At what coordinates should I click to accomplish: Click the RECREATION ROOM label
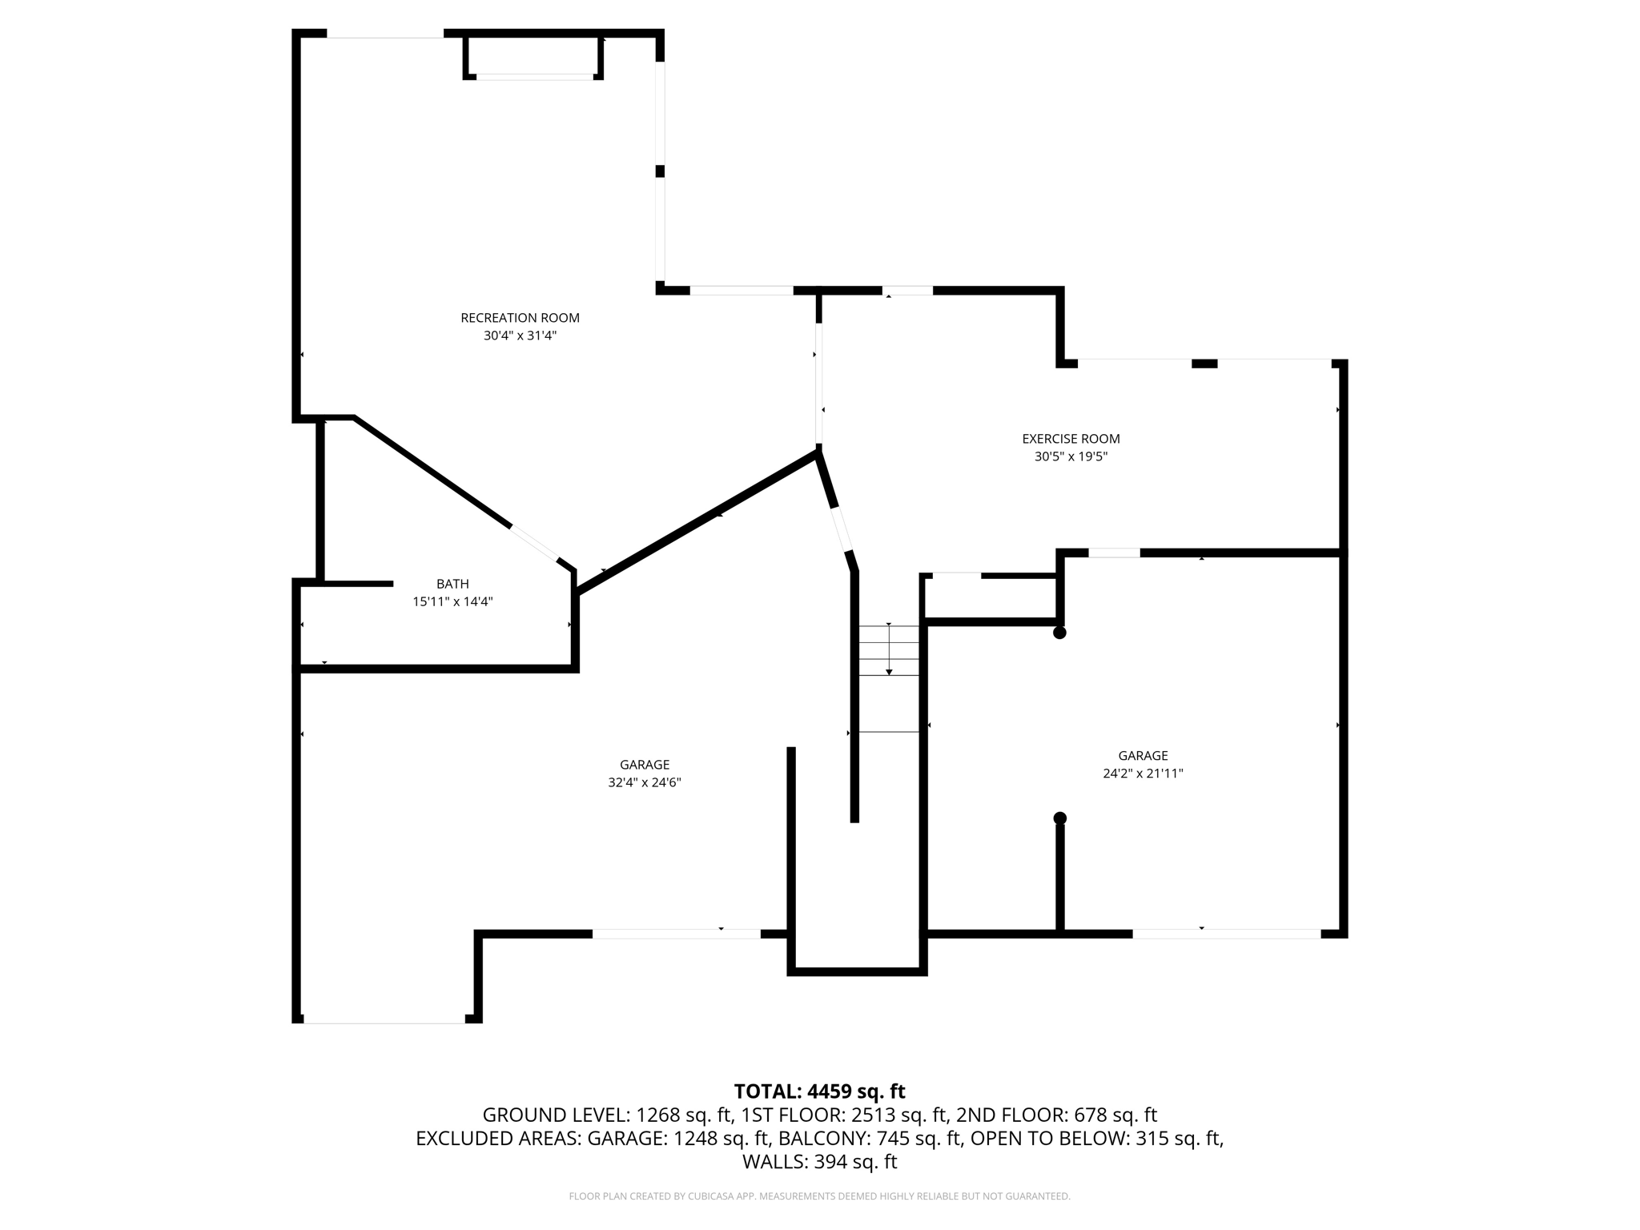tap(520, 318)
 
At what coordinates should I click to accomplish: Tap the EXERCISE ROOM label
tap(1071, 439)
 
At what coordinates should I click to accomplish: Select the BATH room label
tap(452, 584)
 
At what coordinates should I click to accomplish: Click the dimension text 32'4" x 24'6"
tap(644, 782)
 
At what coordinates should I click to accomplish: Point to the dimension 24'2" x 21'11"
tap(1143, 774)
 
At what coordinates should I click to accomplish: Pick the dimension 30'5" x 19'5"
tap(1071, 457)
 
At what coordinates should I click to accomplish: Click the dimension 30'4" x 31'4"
tap(520, 336)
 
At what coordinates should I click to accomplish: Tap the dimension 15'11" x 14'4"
tap(452, 602)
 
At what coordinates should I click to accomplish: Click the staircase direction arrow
tap(889, 649)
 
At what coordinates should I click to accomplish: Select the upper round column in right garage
tap(1059, 633)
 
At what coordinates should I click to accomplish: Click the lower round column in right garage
tap(1059, 818)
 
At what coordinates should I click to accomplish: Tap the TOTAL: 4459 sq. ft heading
tap(819, 1091)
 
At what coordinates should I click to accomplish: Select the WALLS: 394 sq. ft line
tap(819, 1162)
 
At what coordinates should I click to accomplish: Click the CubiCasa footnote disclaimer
tap(819, 1196)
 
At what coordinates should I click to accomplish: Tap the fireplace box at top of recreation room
tap(533, 56)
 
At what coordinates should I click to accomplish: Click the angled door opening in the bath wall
tap(534, 544)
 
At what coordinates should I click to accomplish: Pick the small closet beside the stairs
tap(991, 597)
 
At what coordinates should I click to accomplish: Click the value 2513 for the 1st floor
tap(874, 1115)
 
